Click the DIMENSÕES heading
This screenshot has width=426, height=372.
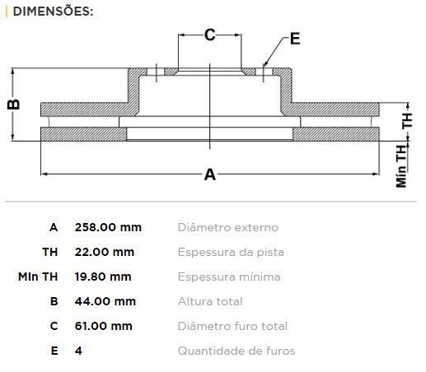click(x=53, y=12)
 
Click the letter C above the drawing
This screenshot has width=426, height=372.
click(x=210, y=35)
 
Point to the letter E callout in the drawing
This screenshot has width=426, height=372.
click(x=295, y=39)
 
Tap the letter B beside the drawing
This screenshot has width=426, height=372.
click(x=14, y=105)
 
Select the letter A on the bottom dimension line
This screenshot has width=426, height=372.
click(x=210, y=174)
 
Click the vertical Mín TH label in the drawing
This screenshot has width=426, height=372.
click(x=401, y=166)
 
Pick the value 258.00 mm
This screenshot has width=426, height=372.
click(x=108, y=227)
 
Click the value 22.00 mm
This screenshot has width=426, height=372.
click(x=105, y=252)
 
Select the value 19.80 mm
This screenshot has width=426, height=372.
click(x=103, y=277)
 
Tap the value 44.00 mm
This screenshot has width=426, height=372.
click(x=105, y=301)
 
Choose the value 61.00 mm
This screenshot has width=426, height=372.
click(x=104, y=326)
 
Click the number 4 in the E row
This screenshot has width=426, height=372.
click(x=78, y=351)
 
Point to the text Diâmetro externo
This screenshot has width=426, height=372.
click(x=228, y=227)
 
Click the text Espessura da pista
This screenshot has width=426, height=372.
click(x=231, y=252)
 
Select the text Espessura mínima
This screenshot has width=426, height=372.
click(x=229, y=277)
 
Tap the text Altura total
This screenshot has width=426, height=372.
click(x=210, y=301)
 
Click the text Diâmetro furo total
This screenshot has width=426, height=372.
click(x=232, y=326)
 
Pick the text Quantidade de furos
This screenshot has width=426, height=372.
click(x=236, y=351)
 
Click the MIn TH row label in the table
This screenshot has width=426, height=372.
click(x=38, y=277)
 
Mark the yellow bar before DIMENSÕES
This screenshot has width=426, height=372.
click(x=7, y=12)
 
